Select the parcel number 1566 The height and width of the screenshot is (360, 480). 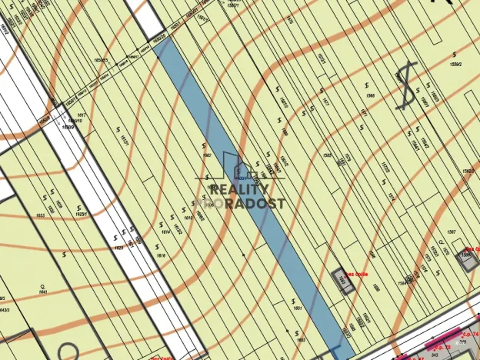coord(371,95)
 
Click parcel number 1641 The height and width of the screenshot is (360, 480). coord(43,292)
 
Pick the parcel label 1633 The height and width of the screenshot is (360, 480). coord(41,215)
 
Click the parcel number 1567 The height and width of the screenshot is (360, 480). coord(452,232)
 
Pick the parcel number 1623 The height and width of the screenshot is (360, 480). coord(118,248)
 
